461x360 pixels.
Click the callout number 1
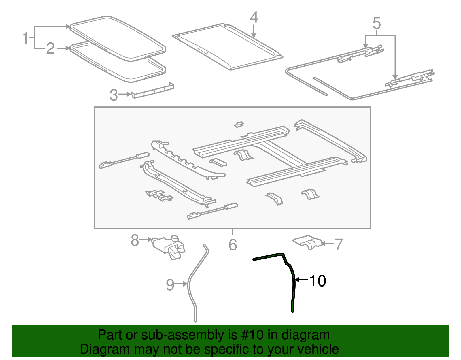pos(25,38)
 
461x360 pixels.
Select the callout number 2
pos(50,48)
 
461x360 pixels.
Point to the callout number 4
pos(254,17)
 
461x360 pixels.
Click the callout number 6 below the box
pos(233,245)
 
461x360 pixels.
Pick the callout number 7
pos(339,244)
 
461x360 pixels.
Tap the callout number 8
pos(135,240)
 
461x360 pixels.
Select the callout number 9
pos(170,285)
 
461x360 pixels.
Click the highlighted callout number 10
pos(318,281)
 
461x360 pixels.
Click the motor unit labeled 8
pos(169,247)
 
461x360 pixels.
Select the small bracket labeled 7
pos(307,242)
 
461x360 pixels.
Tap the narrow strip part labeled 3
pos(152,91)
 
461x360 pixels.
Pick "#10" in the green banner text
pos(252,335)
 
